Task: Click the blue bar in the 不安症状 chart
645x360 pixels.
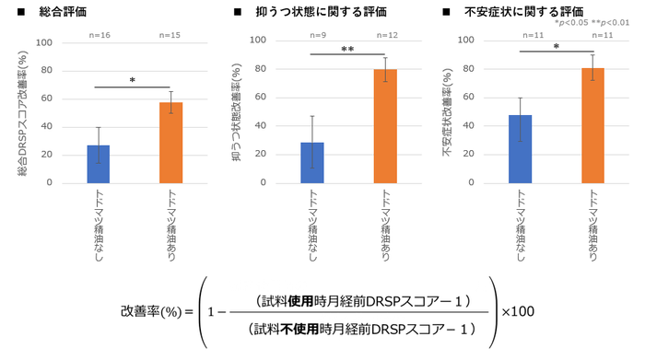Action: point(520,149)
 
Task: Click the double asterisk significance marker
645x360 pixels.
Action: point(347,50)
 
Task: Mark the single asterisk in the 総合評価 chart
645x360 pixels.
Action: point(132,81)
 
